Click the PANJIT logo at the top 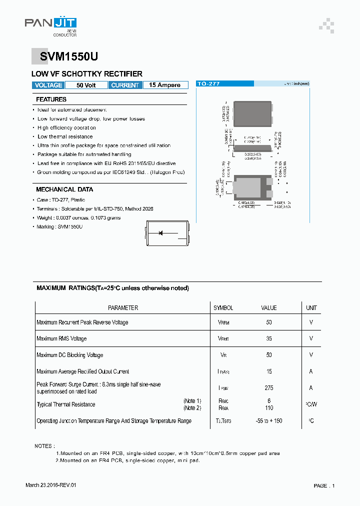click(50, 24)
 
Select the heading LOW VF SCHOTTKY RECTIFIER click(87, 74)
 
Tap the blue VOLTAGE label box click(48, 85)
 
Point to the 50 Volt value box click(86, 85)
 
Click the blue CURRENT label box click(125, 85)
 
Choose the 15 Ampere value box click(165, 85)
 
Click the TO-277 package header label click(209, 84)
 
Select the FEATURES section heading click(51, 99)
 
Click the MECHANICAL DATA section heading click(64, 189)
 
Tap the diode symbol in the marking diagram click(161, 232)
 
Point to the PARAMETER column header click(123, 308)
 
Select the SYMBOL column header click(223, 308)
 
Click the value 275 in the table click(269, 388)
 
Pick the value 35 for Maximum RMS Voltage click(269, 339)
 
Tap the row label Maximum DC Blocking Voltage click(69, 355)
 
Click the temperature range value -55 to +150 click(269, 421)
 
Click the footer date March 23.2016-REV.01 click(51, 485)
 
